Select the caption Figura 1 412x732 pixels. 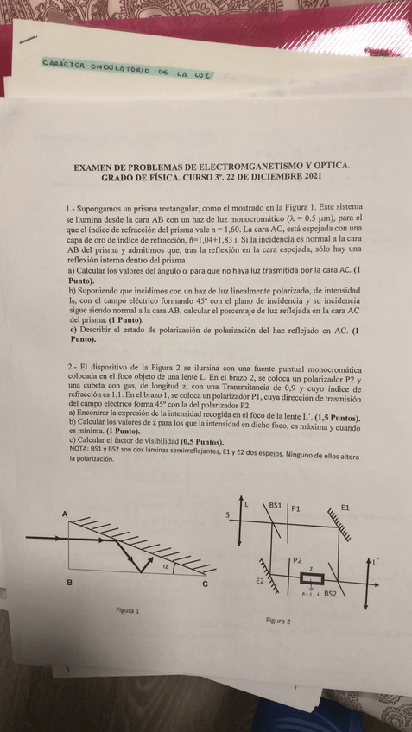coord(128,609)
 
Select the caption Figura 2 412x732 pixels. coord(278,620)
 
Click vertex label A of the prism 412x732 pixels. coord(65,514)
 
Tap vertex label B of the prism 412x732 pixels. coord(68,584)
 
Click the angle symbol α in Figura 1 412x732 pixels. coord(166,567)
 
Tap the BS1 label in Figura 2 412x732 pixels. coord(276,504)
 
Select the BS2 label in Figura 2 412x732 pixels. coord(329,594)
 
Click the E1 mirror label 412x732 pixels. coord(345,507)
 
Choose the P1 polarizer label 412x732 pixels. coord(295,508)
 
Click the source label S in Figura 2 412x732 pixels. coord(228,515)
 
